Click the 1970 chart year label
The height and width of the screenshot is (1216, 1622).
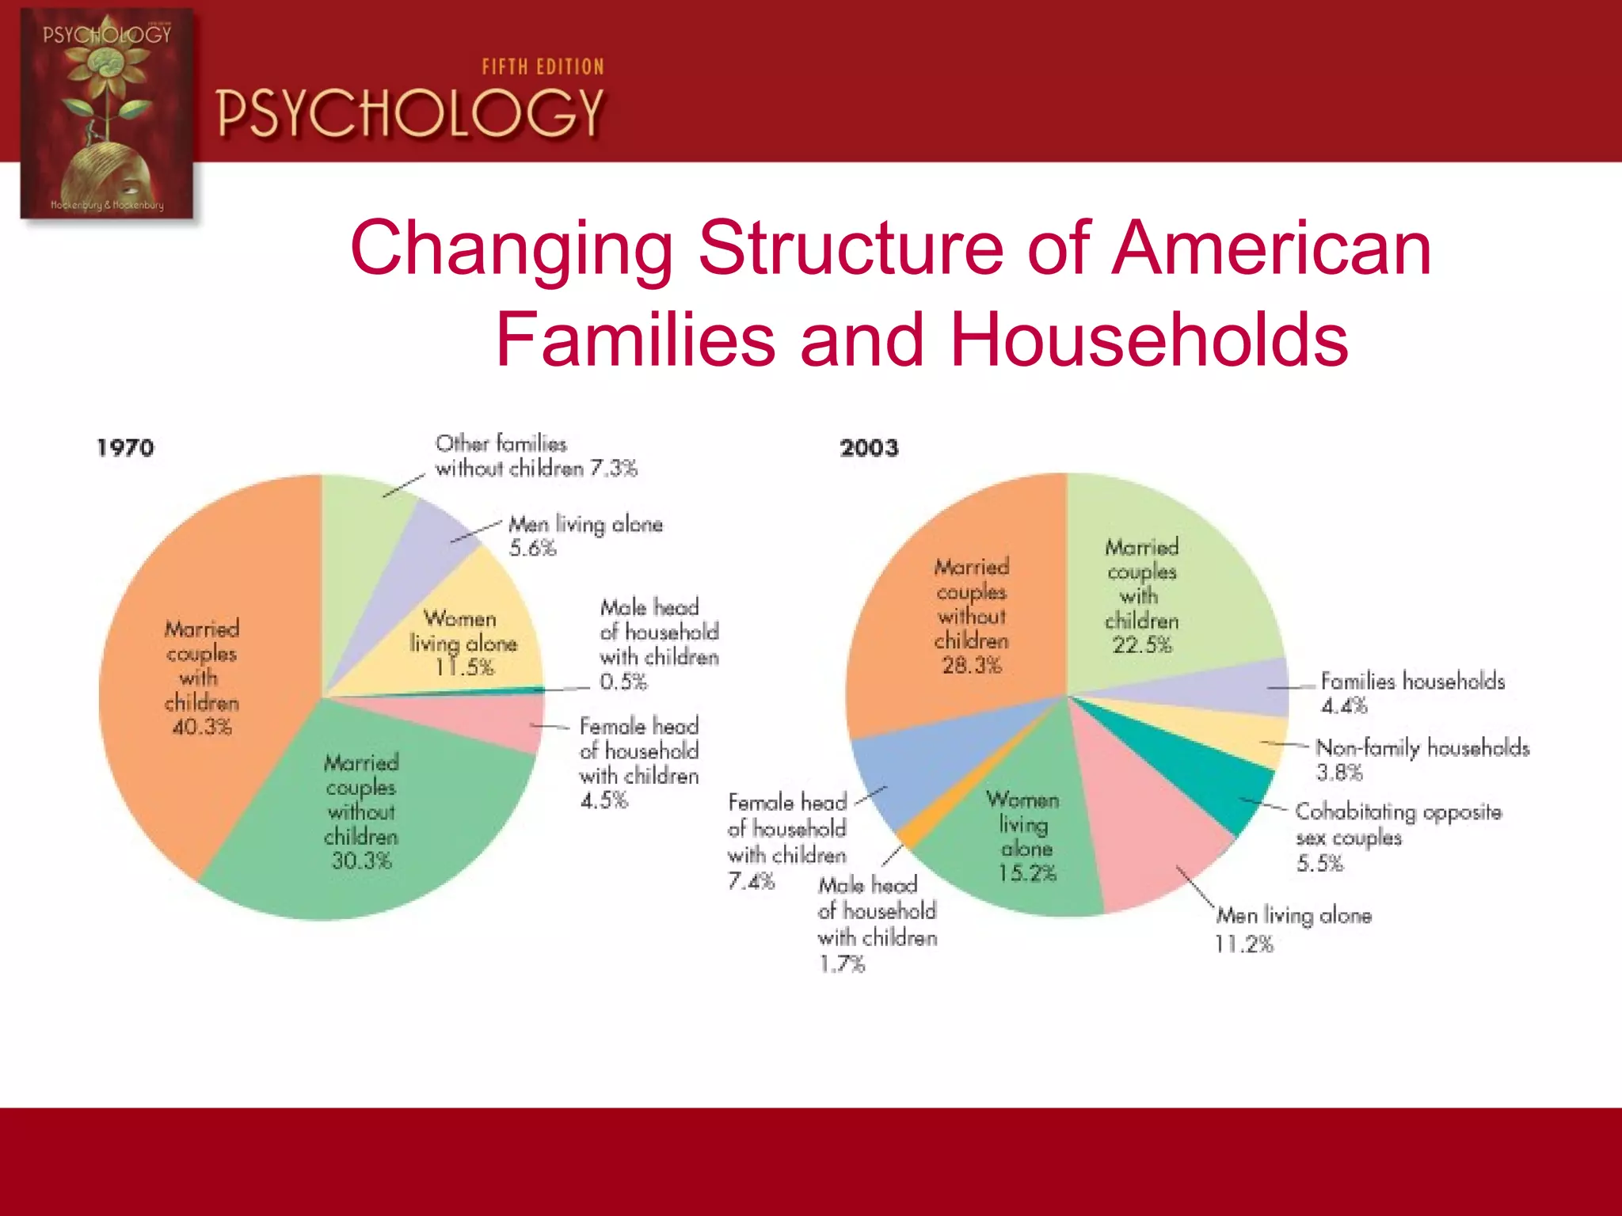click(x=125, y=448)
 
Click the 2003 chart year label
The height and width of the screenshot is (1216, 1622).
click(x=869, y=448)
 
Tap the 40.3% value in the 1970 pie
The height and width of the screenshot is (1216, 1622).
click(x=202, y=727)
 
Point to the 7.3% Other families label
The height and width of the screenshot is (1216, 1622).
click(x=536, y=456)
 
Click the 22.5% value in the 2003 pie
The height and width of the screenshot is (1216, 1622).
click(x=1141, y=645)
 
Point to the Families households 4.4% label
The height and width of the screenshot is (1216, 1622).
click(x=1412, y=693)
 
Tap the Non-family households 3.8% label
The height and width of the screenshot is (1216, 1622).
click(x=1422, y=759)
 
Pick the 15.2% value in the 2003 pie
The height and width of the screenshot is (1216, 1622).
click(x=1027, y=873)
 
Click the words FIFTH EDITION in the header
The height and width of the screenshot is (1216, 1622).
click(x=543, y=67)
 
